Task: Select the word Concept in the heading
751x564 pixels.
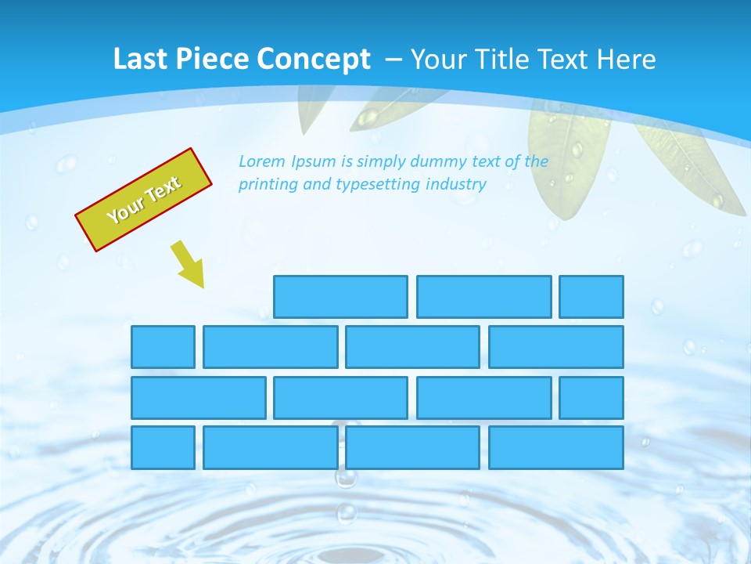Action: tap(314, 60)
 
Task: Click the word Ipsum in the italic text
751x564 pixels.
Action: tap(314, 161)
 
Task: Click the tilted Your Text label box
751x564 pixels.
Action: tap(144, 200)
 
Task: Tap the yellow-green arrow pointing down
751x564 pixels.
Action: tap(189, 263)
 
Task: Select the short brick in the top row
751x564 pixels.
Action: tap(591, 297)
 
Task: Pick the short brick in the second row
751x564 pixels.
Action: tap(163, 347)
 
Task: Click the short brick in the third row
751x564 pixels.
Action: tap(591, 398)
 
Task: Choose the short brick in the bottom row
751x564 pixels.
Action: tap(163, 448)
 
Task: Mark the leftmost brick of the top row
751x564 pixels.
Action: tap(340, 297)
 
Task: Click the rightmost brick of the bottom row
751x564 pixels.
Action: tap(556, 448)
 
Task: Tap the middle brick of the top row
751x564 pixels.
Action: tap(483, 297)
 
